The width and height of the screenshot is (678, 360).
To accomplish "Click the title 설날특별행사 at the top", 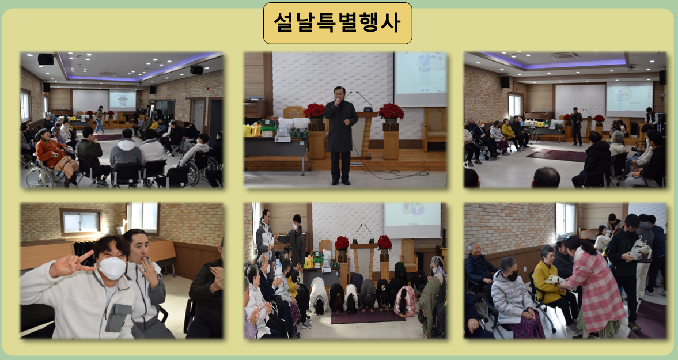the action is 337,23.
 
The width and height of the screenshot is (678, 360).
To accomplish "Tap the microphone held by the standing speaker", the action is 337,103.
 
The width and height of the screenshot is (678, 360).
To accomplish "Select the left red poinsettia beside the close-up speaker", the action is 315,111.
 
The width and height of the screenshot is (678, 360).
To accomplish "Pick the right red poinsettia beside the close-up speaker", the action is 391,112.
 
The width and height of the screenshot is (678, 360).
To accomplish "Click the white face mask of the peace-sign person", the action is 112,267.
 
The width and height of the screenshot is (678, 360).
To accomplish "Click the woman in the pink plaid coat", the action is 591,287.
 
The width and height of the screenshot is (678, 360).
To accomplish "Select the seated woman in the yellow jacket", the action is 551,281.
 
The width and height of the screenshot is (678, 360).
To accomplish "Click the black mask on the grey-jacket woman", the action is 513,276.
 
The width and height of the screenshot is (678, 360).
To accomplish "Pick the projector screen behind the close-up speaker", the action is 420,79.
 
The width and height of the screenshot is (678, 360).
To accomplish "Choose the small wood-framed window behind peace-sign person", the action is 81,222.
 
